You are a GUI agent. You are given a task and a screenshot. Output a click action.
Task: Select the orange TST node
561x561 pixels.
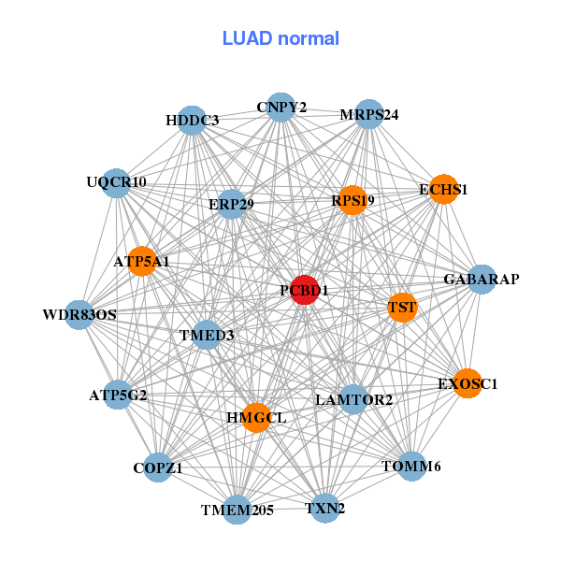click(402, 307)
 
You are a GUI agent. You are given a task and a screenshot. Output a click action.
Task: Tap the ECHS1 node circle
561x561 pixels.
click(443, 189)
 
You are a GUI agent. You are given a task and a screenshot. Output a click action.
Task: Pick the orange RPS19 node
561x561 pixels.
click(352, 200)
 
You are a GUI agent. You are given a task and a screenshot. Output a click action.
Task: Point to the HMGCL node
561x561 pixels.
click(254, 417)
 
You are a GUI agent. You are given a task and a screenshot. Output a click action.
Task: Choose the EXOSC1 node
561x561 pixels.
click(467, 383)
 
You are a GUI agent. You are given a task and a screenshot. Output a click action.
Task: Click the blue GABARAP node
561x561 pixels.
click(481, 280)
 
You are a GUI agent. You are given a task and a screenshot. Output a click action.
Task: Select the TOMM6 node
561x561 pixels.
click(411, 466)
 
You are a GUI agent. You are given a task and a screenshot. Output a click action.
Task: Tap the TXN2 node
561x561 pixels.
click(325, 508)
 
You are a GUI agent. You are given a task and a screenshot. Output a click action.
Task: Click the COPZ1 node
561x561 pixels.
click(158, 467)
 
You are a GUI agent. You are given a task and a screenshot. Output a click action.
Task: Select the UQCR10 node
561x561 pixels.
click(116, 183)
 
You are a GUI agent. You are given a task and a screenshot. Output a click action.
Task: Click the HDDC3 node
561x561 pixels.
click(192, 121)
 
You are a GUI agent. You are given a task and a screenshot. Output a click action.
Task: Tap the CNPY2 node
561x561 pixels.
click(280, 108)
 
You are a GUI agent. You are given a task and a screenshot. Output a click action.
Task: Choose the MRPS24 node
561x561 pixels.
click(369, 115)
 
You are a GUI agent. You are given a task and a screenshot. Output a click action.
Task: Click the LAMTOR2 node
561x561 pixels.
click(353, 400)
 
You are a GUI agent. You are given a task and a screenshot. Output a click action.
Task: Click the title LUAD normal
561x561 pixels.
click(280, 38)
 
